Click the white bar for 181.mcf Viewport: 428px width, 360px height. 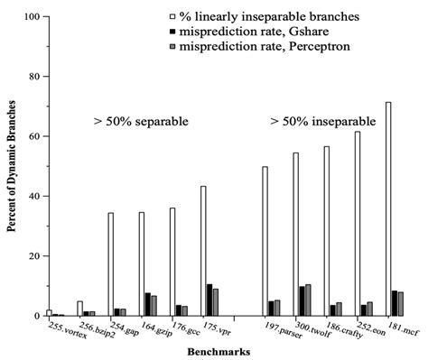tap(389, 209)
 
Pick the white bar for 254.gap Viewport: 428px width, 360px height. tap(111, 264)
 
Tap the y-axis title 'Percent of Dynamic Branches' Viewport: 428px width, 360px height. tap(12, 167)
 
